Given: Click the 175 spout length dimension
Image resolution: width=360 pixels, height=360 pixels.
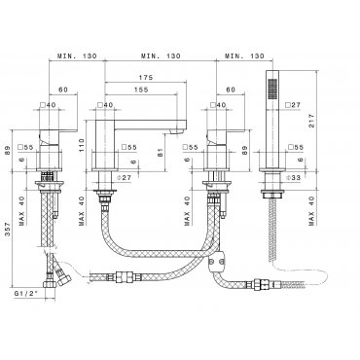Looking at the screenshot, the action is pos(146,78).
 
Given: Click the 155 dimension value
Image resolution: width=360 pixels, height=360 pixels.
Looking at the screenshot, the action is pos(141,90).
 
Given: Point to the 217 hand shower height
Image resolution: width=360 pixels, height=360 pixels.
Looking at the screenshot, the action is pos(311,120).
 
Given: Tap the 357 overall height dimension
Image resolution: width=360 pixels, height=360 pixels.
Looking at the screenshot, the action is pos(8,230).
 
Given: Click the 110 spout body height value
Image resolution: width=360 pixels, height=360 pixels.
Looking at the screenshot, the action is pos(81,145).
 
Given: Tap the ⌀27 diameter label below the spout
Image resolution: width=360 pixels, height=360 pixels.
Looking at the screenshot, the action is pos(124,177).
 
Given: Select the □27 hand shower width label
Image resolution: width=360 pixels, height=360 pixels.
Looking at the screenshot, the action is pos(293,105).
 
